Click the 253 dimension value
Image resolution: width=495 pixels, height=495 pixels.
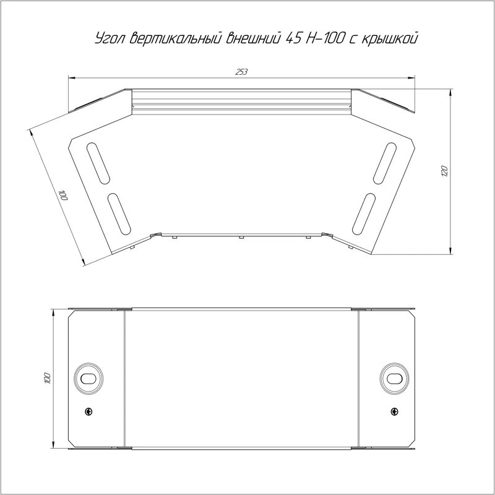click(241, 72)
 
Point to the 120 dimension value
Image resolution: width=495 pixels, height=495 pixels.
click(444, 171)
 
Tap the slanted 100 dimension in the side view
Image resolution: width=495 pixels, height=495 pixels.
click(64, 196)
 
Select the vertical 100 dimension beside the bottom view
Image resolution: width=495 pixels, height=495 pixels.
click(48, 378)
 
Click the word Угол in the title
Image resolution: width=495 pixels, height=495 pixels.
click(111, 39)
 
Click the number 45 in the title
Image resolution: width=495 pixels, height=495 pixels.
click(293, 38)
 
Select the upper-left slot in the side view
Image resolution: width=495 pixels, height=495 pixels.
click(98, 163)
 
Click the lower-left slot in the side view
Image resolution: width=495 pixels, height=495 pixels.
click(119, 213)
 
